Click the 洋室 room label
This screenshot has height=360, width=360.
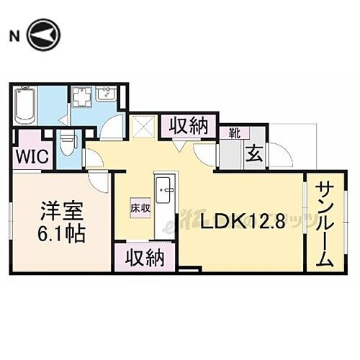click(x=57, y=213)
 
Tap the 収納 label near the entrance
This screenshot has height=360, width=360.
click(x=189, y=127)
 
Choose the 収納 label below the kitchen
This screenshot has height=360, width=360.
click(x=143, y=257)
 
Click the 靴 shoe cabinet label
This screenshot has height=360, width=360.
click(x=235, y=132)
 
